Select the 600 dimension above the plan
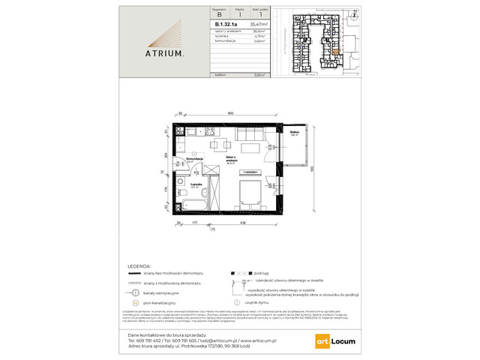click(231, 112)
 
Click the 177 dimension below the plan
click(194, 224)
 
